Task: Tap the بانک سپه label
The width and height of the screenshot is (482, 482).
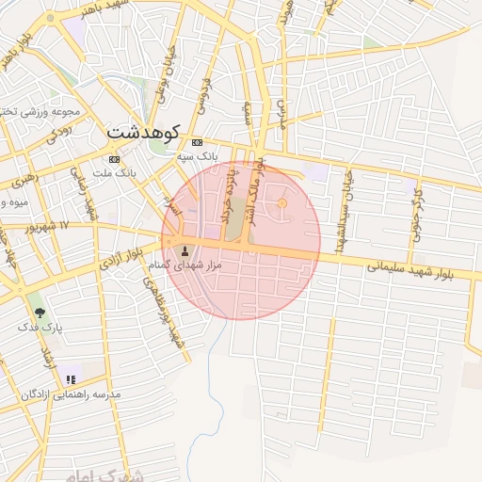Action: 199,155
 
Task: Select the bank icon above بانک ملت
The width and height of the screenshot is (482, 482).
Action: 115,159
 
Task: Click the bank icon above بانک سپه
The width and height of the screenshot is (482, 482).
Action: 197,142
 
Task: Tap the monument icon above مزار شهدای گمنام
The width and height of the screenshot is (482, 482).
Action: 184,251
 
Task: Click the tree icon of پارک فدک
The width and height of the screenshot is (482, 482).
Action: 39,312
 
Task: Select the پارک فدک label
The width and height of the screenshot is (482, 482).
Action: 39,327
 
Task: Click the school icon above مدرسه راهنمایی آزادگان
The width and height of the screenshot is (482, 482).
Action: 71,379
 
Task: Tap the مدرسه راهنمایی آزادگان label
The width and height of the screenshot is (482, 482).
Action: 72,394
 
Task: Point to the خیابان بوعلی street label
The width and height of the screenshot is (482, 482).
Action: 166,75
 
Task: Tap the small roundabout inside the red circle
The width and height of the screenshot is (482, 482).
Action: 281,204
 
